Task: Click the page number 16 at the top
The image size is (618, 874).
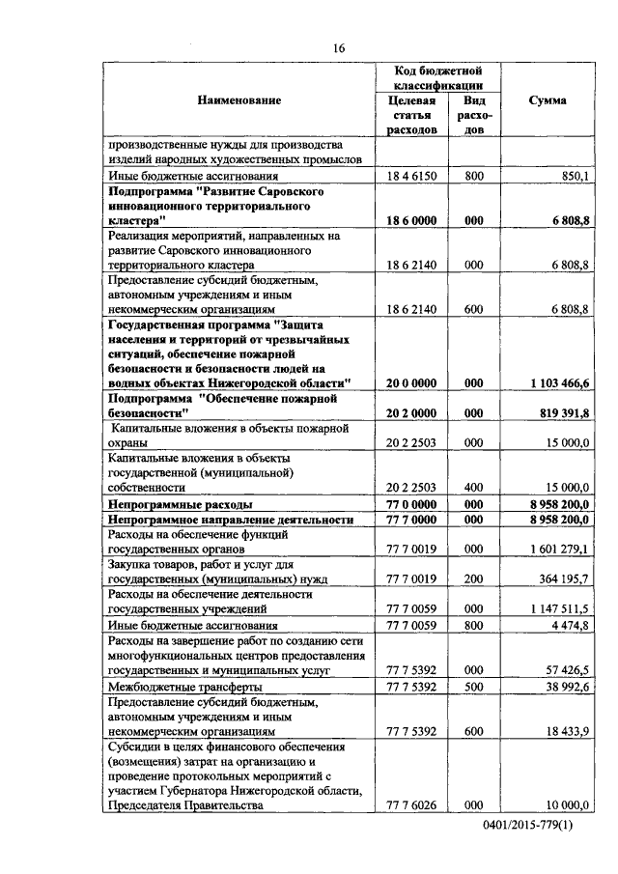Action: coord(339,48)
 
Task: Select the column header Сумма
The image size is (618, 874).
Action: coord(548,100)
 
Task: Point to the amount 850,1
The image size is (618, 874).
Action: coord(574,176)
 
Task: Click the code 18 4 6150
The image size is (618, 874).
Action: coord(411,176)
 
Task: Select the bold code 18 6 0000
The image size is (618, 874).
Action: coord(411,220)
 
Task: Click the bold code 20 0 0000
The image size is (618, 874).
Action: coord(411,383)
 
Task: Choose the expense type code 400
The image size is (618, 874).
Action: coord(473,488)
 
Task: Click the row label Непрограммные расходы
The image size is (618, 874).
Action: coord(181,504)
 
